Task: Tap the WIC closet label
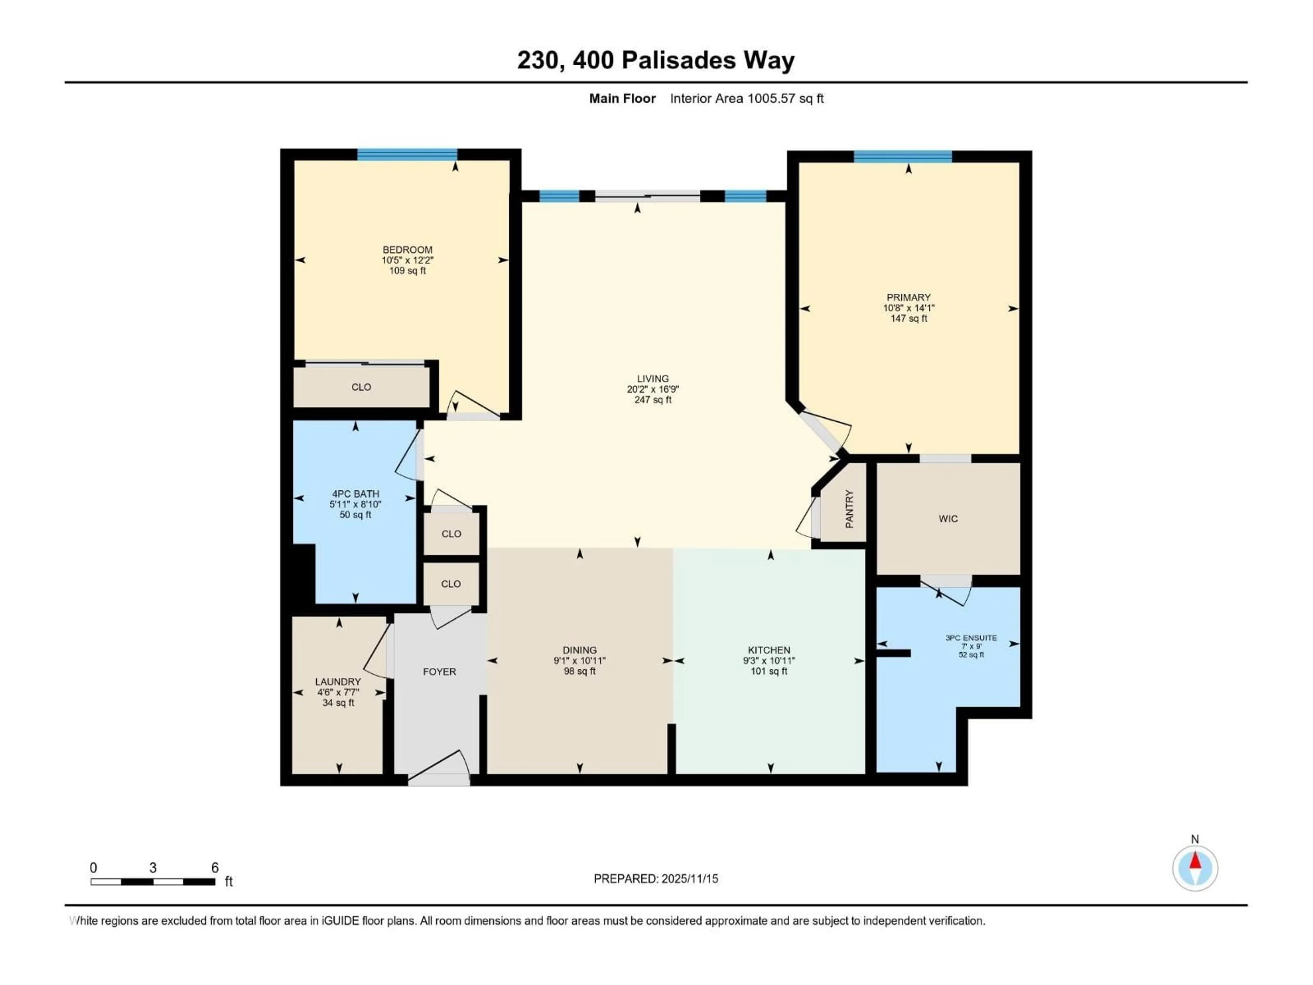click(x=948, y=519)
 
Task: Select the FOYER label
click(x=439, y=671)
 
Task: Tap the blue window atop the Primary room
click(x=902, y=157)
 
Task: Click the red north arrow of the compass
click(x=1195, y=861)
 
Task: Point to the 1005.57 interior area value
click(x=770, y=98)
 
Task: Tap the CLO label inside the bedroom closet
click(x=361, y=387)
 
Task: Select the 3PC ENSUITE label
click(x=971, y=638)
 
